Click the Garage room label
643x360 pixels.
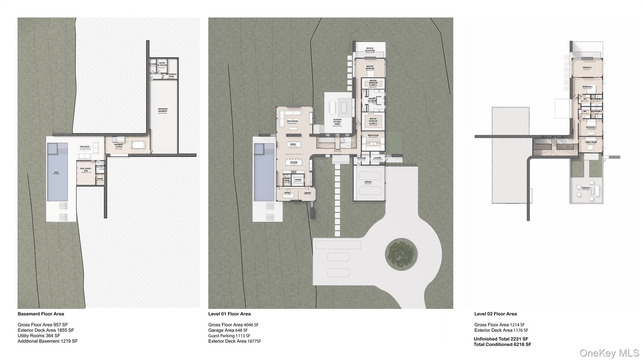click(x=368, y=182)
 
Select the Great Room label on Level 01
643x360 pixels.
click(x=292, y=121)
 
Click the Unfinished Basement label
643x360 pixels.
click(x=163, y=110)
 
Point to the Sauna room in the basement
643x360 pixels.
click(x=100, y=179)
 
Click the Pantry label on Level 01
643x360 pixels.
click(x=298, y=180)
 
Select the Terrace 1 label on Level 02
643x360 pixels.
click(x=586, y=188)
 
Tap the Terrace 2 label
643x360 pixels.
click(x=587, y=68)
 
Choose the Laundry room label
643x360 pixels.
click(x=377, y=158)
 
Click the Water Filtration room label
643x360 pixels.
click(x=162, y=64)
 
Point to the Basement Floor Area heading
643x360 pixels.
click(x=41, y=314)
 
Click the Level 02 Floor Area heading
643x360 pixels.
click(x=495, y=314)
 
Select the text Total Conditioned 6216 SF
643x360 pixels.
click(x=502, y=344)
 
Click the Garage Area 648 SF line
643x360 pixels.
click(x=228, y=330)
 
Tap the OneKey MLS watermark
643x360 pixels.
click(x=609, y=353)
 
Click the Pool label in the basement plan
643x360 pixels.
click(x=57, y=173)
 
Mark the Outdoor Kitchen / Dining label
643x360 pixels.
click(x=337, y=122)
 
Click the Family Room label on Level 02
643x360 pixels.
click(x=591, y=142)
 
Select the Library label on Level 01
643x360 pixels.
click(x=307, y=193)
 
